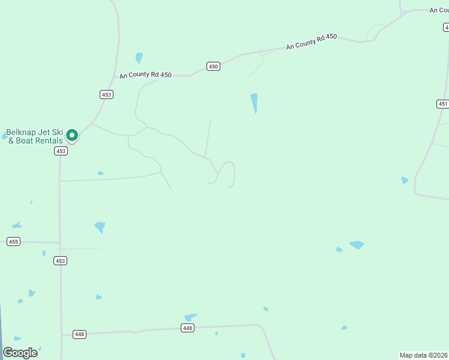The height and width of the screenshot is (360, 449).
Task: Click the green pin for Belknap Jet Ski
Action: (x=72, y=135)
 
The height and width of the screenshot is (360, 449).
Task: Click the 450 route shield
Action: (x=213, y=66)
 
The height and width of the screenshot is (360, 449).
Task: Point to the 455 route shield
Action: (x=13, y=241)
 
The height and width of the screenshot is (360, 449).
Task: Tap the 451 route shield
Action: (x=442, y=104)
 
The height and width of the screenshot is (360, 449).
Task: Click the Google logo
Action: (x=20, y=352)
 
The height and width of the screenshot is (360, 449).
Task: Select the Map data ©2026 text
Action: (x=424, y=355)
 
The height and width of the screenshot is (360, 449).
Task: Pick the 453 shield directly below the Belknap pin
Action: (x=60, y=151)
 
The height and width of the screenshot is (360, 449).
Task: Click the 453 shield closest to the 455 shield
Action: (x=60, y=260)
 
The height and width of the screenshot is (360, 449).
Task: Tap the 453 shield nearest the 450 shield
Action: (x=106, y=94)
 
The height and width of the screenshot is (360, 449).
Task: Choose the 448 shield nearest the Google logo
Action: (x=79, y=334)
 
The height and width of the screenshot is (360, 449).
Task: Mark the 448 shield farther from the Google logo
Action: (x=187, y=328)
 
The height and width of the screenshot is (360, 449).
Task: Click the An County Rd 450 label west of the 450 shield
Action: (x=145, y=75)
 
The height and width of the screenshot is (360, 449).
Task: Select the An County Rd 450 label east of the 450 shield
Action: (x=312, y=41)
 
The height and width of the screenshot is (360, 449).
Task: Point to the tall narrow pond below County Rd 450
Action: (x=255, y=102)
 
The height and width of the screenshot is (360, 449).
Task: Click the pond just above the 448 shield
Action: (x=190, y=317)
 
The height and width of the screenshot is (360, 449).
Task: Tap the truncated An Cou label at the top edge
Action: (x=439, y=10)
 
